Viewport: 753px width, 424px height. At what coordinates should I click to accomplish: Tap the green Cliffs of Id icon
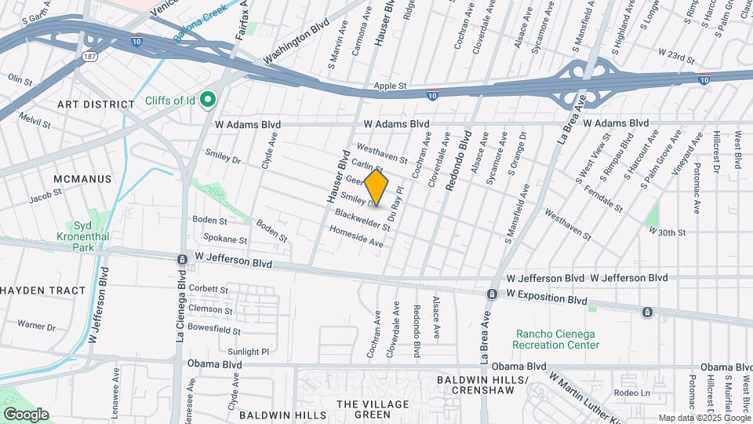pos(208,100)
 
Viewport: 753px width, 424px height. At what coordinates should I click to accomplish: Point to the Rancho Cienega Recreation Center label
pos(555,339)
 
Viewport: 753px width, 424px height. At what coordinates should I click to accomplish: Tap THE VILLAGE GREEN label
pos(363,409)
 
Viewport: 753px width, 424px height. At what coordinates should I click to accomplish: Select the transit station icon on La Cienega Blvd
pos(182,259)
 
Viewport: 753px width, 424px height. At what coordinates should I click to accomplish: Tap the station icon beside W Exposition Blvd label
pos(492,294)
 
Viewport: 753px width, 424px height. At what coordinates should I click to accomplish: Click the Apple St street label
pos(390,86)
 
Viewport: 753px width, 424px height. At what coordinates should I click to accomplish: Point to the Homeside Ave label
pos(356,238)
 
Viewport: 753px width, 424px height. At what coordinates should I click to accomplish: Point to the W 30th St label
pos(668,232)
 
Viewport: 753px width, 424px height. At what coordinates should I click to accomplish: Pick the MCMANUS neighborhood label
pos(82,179)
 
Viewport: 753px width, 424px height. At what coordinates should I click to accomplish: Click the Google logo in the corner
pos(26,415)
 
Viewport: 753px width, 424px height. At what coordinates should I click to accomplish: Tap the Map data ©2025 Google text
pos(704,418)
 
